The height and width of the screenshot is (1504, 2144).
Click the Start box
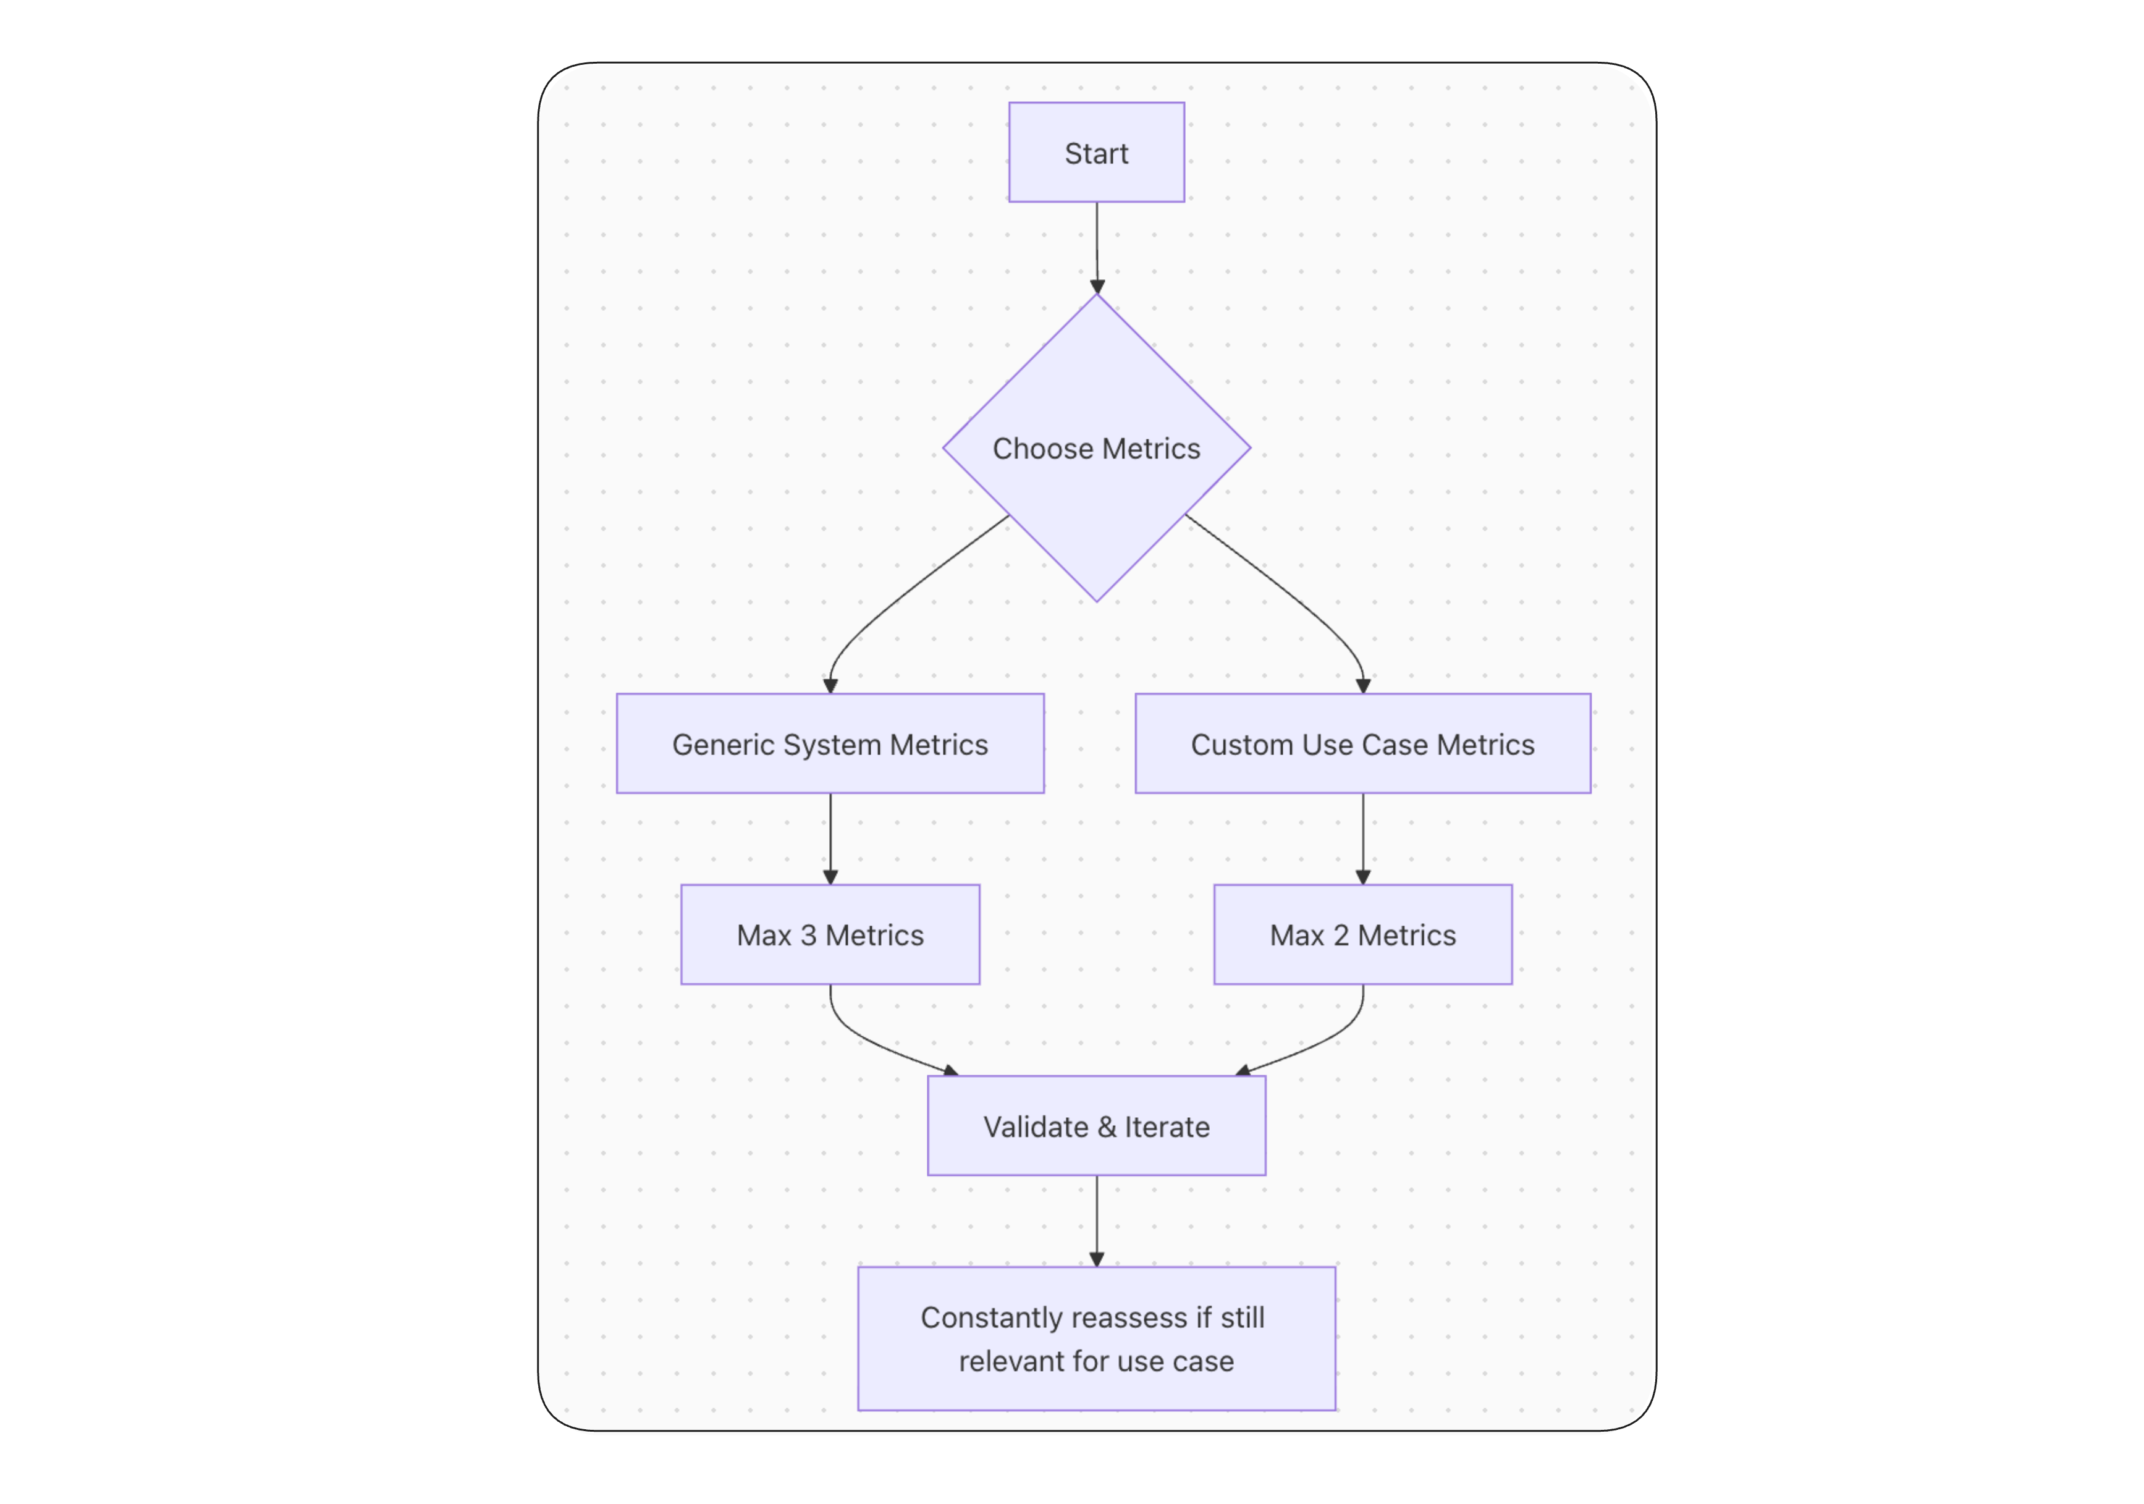click(1096, 152)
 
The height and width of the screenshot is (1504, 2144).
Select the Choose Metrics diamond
click(1096, 448)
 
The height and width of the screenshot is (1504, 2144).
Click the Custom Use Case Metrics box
click(1362, 744)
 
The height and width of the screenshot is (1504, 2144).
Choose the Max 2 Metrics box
click(1362, 934)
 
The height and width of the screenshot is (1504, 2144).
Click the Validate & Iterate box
click(1096, 1126)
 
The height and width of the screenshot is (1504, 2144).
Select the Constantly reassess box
click(1096, 1339)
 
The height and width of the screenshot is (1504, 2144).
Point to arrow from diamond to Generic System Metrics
click(897, 598)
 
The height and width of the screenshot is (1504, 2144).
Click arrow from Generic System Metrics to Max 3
click(830, 837)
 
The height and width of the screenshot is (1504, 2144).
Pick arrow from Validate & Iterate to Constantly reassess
click(1096, 1219)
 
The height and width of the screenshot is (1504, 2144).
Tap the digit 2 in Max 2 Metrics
click(1341, 936)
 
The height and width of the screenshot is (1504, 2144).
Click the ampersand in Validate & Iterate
click(1107, 1127)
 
